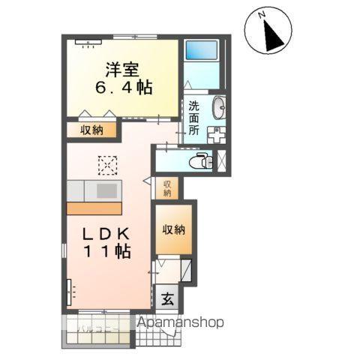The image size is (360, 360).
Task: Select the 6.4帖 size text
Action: [x=124, y=88]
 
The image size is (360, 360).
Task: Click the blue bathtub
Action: [x=200, y=50]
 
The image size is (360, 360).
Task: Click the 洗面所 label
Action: [x=194, y=118]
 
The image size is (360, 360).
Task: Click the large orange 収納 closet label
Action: [x=174, y=230]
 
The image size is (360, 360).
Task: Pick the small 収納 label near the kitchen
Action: [x=167, y=188]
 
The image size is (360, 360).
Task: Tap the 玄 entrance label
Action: [x=167, y=298]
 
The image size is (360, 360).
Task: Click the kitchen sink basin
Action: [x=106, y=189]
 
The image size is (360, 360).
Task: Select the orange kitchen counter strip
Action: [x=94, y=207]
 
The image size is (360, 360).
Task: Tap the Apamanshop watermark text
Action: [x=181, y=322]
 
